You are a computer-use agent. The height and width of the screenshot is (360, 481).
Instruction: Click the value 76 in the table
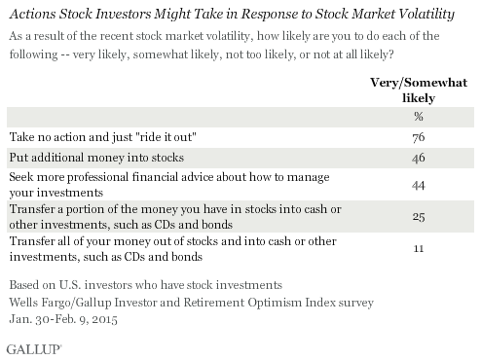419,137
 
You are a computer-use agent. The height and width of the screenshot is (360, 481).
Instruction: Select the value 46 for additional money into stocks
419,158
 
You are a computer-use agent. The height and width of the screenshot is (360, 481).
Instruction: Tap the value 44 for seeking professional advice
419,186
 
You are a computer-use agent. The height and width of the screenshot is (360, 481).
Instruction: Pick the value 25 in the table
419,217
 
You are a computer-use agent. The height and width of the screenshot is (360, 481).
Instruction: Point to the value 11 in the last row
419,248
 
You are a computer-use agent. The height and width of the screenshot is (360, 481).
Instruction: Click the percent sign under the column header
419,116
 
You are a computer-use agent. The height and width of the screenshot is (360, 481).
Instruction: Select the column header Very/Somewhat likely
419,90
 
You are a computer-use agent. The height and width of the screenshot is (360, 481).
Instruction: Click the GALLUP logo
34,349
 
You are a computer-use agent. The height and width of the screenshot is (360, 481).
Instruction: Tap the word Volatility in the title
426,15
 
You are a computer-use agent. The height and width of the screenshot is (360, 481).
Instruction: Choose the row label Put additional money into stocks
96,158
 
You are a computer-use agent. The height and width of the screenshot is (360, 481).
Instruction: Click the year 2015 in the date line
104,319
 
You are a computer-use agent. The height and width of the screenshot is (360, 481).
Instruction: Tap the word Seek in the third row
21,177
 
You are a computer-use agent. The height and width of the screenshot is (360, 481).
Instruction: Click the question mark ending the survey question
390,54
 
